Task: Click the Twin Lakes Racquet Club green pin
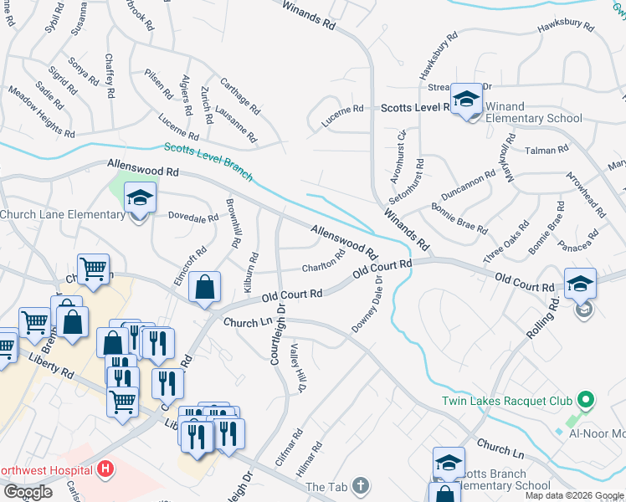pyautogui.click(x=586, y=401)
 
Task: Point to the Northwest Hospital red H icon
pyautogui.click(x=105, y=469)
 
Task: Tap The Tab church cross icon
pyautogui.click(x=360, y=486)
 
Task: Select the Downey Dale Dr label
pyautogui.click(x=368, y=305)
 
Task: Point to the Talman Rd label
pyautogui.click(x=546, y=150)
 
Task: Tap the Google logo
pyautogui.click(x=28, y=492)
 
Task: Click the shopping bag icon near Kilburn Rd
pyautogui.click(x=204, y=289)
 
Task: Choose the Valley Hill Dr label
pyautogui.click(x=297, y=368)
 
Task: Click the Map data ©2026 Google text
pyautogui.click(x=574, y=495)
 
